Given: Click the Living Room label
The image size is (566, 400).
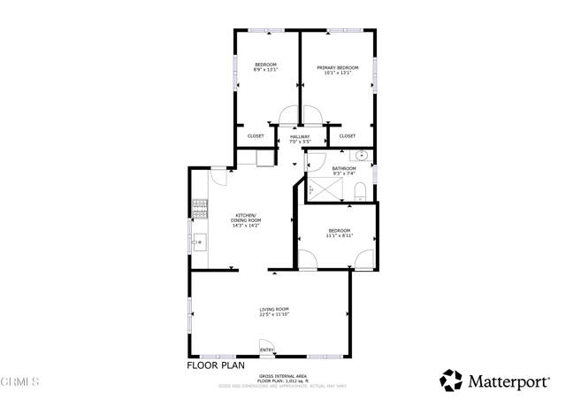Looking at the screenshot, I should tap(274, 309).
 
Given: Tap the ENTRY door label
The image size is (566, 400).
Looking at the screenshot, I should tap(266, 350).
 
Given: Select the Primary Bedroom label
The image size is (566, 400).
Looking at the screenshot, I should tap(337, 67).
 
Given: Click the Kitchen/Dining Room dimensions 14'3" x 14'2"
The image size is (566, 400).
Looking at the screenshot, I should tap(244, 226).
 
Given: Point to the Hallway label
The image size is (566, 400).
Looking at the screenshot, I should tap(300, 135).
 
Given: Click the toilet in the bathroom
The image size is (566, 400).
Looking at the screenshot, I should tap(359, 190).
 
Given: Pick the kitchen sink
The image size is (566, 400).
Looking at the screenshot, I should tap(198, 240).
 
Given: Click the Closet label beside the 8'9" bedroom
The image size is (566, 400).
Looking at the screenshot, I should tap(256, 136).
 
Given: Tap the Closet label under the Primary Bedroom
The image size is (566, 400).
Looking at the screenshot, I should tap(348, 136).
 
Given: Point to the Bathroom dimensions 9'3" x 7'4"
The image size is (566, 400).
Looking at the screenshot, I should tap(344, 173).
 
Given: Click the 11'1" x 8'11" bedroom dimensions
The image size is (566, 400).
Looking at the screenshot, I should tap(339, 235).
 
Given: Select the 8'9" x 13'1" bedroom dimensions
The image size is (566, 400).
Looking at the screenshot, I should tap(265, 72).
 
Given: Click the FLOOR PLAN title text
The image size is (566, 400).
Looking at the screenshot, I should tap(216, 365).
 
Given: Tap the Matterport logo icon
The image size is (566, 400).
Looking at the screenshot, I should tap(451, 381).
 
